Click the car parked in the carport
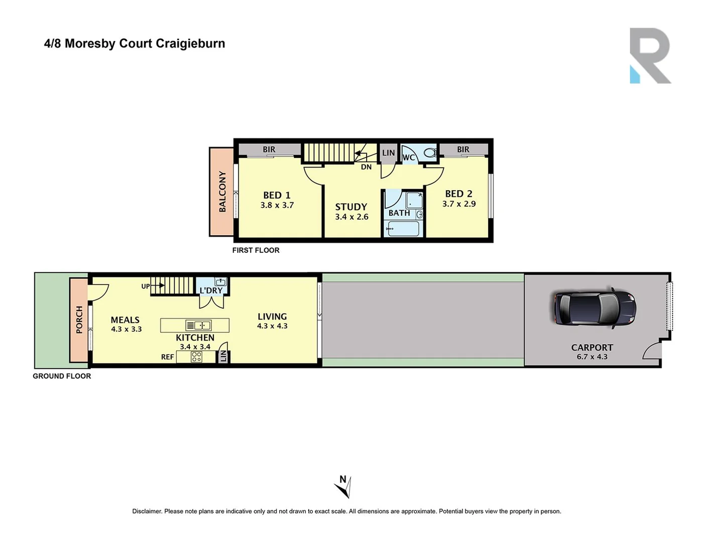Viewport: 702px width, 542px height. [x=595, y=308]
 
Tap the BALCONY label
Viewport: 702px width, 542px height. [x=222, y=192]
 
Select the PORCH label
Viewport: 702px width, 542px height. [x=79, y=320]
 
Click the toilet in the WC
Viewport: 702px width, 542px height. [x=430, y=153]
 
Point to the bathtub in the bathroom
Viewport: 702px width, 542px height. [x=403, y=229]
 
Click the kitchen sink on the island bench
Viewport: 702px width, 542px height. [x=199, y=325]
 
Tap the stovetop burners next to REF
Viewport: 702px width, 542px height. [x=196, y=357]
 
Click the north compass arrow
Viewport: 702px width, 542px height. [x=343, y=486]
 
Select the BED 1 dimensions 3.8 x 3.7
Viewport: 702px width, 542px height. [x=277, y=205]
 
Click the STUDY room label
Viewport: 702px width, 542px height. [x=351, y=207]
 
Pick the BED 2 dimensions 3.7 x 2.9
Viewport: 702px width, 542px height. [x=459, y=204]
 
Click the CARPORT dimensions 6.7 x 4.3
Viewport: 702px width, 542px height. [x=592, y=357]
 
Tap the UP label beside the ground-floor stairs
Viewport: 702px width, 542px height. [x=146, y=287]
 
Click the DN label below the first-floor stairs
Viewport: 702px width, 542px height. [x=366, y=167]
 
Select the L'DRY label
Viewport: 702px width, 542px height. [x=211, y=291]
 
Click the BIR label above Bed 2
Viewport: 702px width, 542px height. [x=463, y=150]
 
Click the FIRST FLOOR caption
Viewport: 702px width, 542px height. [x=256, y=250]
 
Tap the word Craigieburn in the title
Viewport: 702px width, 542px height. [x=190, y=44]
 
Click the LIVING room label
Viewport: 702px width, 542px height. [x=272, y=317]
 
